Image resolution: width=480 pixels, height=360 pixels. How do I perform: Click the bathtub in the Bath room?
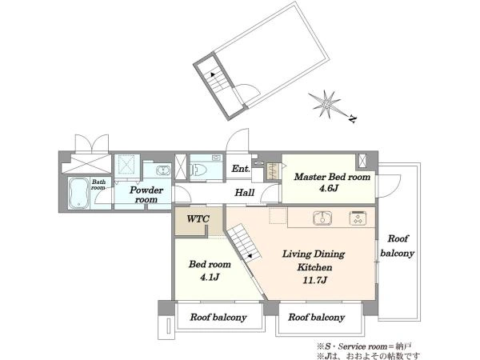(x=78, y=193)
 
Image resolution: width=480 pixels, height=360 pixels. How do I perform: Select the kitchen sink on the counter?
(x=322, y=218)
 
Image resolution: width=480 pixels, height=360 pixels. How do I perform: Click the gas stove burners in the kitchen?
(x=358, y=218)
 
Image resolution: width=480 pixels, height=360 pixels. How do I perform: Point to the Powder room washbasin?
(x=163, y=170)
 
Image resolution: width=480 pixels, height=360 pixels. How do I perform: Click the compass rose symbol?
(x=325, y=104)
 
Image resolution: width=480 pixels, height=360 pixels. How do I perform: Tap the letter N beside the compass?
(x=353, y=118)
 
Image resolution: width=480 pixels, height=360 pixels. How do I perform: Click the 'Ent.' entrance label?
(x=241, y=168)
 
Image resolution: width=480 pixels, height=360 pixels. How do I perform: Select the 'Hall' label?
(x=244, y=193)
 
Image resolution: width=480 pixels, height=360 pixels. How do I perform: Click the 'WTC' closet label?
(x=198, y=219)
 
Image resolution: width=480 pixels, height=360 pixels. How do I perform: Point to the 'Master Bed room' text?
(x=332, y=177)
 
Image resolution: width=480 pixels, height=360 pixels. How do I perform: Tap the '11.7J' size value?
(x=314, y=280)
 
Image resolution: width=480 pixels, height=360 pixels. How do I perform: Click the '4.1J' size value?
(x=210, y=278)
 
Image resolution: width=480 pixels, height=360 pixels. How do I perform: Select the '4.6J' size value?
(x=329, y=188)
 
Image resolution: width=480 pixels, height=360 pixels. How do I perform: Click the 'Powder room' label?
(x=146, y=194)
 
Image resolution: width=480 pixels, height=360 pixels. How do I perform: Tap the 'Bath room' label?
(x=98, y=185)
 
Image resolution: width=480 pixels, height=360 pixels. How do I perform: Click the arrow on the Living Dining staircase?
(x=250, y=256)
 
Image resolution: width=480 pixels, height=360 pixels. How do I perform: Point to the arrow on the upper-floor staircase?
(x=212, y=74)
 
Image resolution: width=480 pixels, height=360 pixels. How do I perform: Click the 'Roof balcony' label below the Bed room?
(x=218, y=318)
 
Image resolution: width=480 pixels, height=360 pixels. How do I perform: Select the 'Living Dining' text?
(x=314, y=254)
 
